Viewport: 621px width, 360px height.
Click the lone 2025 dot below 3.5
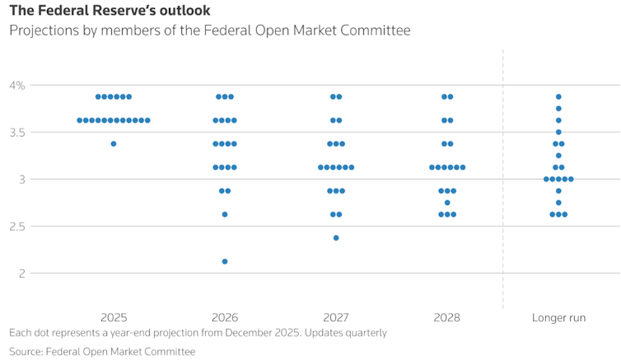click(x=114, y=144)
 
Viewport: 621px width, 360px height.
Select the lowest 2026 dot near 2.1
click(x=225, y=261)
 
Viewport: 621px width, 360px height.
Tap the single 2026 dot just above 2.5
click(x=225, y=214)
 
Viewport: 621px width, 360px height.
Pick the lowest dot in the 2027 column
click(x=336, y=238)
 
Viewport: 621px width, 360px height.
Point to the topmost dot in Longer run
click(x=558, y=97)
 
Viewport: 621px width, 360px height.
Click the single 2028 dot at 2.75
click(x=447, y=203)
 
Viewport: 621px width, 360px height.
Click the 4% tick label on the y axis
click(x=16, y=85)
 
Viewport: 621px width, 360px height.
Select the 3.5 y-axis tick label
click(x=16, y=132)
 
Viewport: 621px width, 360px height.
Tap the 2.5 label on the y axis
click(x=16, y=226)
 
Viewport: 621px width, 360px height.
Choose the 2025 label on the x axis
click(x=114, y=317)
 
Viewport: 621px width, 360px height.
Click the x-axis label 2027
click(x=336, y=317)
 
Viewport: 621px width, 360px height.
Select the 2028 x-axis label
click(x=447, y=317)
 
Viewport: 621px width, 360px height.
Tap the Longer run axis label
click(x=558, y=317)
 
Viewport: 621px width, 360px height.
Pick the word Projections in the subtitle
click(x=42, y=30)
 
